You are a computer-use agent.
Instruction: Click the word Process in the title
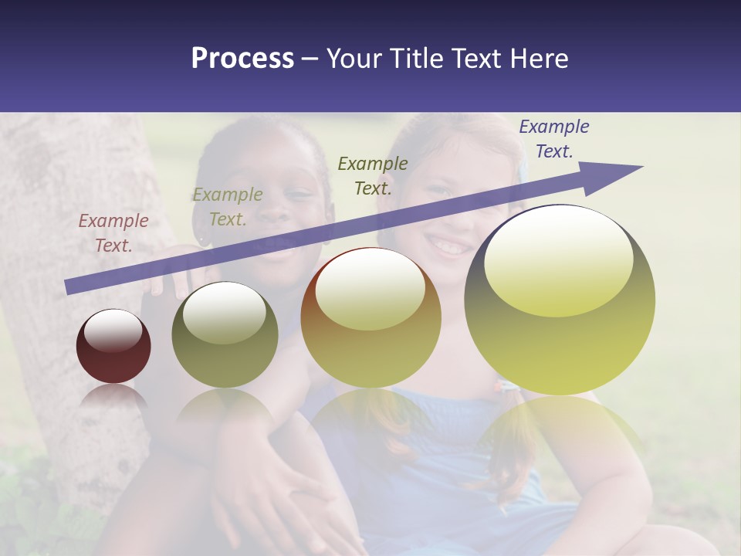(242, 59)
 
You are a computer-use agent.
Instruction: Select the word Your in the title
(352, 59)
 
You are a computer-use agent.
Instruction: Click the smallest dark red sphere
(113, 347)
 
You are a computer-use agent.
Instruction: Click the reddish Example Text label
(113, 233)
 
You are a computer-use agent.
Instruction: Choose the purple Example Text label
(553, 139)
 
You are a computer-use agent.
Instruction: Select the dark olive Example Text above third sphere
(373, 175)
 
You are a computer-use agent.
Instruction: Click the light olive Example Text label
(228, 207)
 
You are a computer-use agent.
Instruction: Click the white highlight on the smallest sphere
(113, 331)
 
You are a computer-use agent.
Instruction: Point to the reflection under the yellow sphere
(560, 432)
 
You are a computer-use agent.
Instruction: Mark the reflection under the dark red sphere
(113, 398)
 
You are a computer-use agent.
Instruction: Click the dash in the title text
(310, 59)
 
